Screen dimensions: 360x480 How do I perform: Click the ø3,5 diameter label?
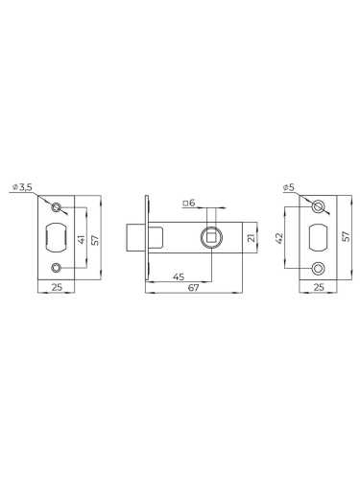point(22,187)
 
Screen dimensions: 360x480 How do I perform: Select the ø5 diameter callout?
point(289,188)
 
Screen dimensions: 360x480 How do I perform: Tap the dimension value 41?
point(82,239)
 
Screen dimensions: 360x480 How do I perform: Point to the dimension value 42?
point(279,238)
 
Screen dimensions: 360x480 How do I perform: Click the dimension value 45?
point(179,276)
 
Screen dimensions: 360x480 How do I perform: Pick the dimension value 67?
point(193,287)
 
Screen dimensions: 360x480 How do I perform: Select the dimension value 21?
point(252,237)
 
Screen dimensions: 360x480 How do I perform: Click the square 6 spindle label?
point(189,203)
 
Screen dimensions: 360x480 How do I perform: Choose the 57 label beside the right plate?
point(347,236)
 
